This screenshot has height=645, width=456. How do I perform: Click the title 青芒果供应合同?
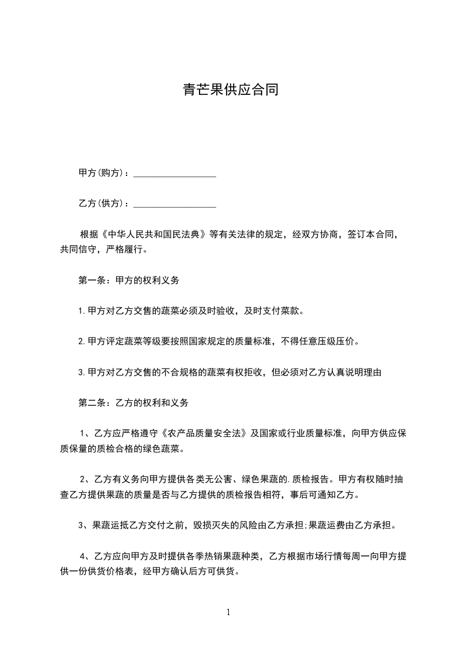pyautogui.click(x=231, y=90)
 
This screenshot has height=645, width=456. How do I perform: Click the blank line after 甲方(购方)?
pyautogui.click(x=174, y=173)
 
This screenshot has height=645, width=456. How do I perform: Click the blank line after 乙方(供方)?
pyautogui.click(x=174, y=204)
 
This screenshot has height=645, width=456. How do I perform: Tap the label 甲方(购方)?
pyautogui.click(x=101, y=173)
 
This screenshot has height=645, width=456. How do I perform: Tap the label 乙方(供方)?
pyautogui.click(x=101, y=204)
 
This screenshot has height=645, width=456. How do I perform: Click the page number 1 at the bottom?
pyautogui.click(x=228, y=612)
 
